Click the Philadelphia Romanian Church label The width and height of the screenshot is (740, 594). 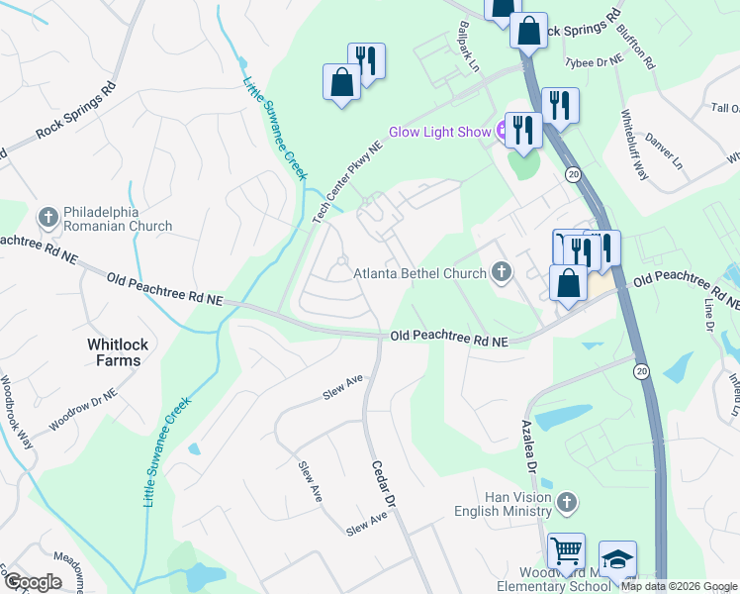117,220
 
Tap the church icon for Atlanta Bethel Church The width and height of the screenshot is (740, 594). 502,272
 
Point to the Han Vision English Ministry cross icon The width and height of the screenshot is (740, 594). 566,503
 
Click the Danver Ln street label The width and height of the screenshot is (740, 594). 664,148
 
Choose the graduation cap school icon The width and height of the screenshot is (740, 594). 617,560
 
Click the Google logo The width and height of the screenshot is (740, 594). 33,582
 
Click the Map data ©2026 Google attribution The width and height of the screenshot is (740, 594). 679,586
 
